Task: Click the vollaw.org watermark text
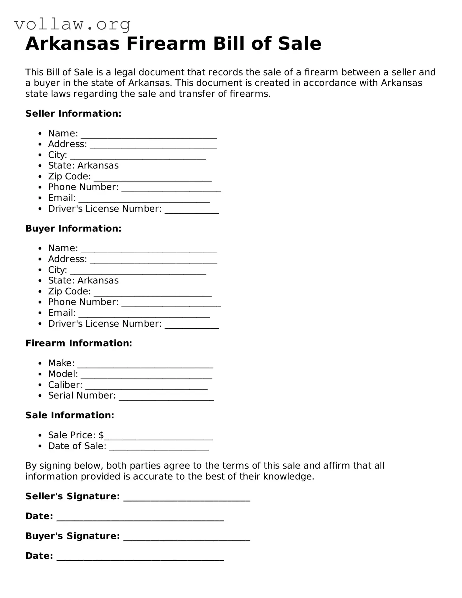tap(72, 24)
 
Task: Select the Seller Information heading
tap(73, 114)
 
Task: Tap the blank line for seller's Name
tap(149, 136)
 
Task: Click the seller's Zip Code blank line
tap(152, 179)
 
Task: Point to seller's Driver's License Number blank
tap(192, 211)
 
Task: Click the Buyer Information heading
tap(73, 229)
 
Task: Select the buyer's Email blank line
tap(144, 315)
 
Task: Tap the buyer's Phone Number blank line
tap(171, 304)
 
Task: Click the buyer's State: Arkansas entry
tap(83, 280)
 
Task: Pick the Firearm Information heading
tap(79, 343)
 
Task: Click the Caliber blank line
tap(146, 387)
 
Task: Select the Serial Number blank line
tap(166, 398)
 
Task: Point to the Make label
tap(61, 363)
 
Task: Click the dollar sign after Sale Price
tap(101, 435)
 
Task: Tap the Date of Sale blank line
tap(159, 448)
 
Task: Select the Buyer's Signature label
tap(72, 536)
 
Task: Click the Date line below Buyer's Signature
tap(140, 558)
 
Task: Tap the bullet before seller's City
tap(40, 155)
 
